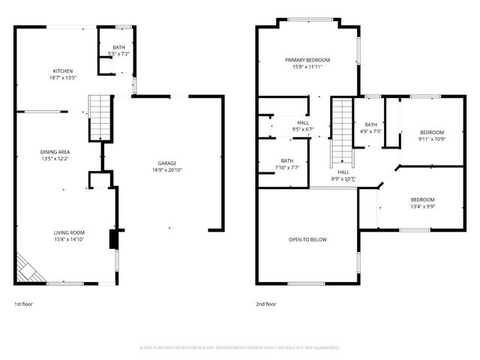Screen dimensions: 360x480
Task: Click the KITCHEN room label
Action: [62, 70]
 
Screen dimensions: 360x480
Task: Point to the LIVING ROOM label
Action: [68, 232]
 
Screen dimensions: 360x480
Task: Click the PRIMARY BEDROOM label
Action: [307, 59]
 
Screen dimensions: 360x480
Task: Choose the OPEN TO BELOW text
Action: [307, 240]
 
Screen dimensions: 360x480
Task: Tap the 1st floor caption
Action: [23, 304]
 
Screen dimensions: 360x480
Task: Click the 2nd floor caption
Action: [265, 304]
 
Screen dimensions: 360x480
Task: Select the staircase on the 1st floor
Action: [99, 118]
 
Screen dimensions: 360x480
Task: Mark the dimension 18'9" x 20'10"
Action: [166, 170]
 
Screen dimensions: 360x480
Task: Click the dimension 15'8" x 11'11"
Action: [307, 67]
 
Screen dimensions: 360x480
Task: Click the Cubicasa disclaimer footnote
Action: [240, 347]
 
